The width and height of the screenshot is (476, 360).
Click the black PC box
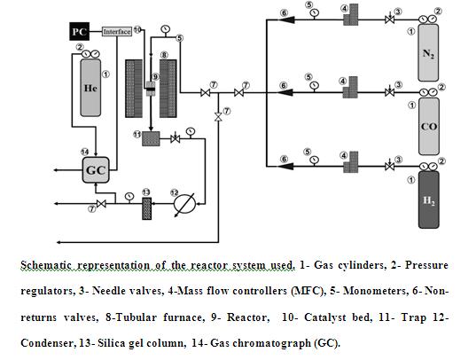(80, 31)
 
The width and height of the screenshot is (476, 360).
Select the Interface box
(117, 32)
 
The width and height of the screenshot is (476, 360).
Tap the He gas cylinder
(90, 88)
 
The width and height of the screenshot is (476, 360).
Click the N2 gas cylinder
(428, 53)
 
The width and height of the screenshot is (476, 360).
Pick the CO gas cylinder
(429, 127)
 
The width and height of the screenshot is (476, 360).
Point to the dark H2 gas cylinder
(429, 200)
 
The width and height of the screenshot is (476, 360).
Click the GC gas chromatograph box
(96, 170)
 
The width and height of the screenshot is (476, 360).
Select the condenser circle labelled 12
(184, 204)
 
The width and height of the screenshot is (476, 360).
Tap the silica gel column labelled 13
(147, 208)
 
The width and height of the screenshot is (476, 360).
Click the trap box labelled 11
(151, 138)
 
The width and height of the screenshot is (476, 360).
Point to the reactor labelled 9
(151, 89)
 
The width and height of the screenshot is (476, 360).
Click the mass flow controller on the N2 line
(351, 14)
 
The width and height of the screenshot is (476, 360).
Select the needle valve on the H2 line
(390, 166)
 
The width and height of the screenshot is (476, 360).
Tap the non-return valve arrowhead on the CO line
(285, 92)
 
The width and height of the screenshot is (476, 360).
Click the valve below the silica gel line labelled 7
(101, 204)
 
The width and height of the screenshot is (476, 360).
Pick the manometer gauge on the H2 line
(315, 160)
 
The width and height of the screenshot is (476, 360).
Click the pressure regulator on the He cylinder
(90, 55)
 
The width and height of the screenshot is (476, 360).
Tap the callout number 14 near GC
(85, 152)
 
